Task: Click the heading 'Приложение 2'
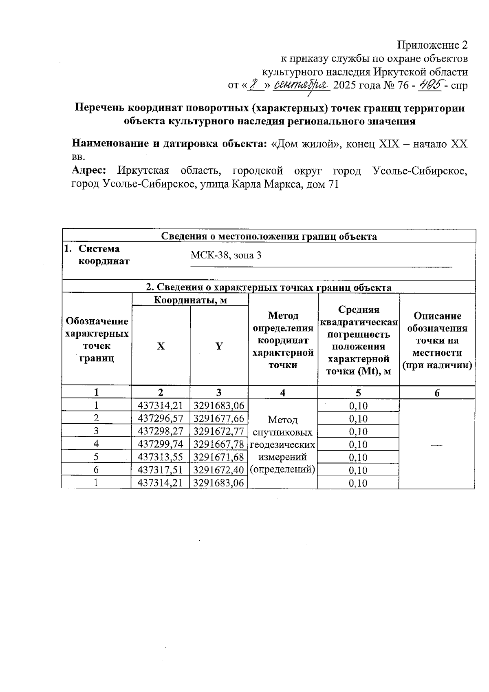[x=432, y=45]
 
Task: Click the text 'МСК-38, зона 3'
[x=226, y=256]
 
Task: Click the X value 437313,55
[x=161, y=457]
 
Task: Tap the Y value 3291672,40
[x=218, y=470]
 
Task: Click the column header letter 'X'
[x=161, y=346]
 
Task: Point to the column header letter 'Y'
[x=219, y=346]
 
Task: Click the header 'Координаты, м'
[x=190, y=300]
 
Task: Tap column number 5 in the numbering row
[x=358, y=393]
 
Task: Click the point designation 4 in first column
[x=96, y=444]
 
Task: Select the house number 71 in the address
[x=333, y=184]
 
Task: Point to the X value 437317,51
[x=161, y=470]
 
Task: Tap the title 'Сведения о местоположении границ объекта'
[x=269, y=236]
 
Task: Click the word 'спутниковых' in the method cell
[x=283, y=432]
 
